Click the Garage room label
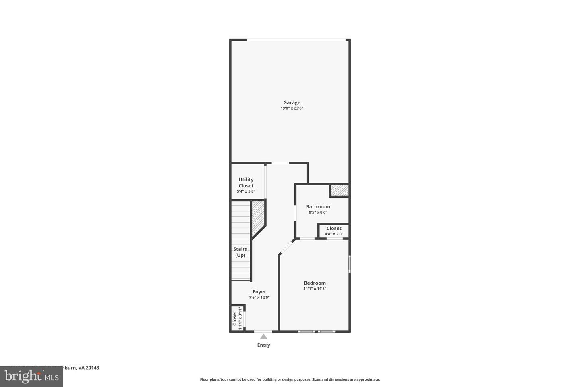click(292, 102)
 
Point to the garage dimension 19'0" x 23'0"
click(292, 108)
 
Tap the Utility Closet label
click(246, 183)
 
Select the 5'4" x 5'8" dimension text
click(246, 191)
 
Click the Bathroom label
click(318, 206)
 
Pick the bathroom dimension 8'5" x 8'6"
click(318, 212)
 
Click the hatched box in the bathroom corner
click(339, 190)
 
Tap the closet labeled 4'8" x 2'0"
click(334, 231)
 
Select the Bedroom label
click(315, 283)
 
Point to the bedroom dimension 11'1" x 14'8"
click(315, 289)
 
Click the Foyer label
click(259, 292)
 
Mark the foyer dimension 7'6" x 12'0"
click(259, 298)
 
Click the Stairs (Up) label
click(240, 252)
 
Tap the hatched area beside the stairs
click(257, 218)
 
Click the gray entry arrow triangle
click(263, 337)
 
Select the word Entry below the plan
click(263, 345)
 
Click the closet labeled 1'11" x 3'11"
click(237, 318)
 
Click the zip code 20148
click(92, 368)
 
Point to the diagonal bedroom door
click(287, 247)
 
